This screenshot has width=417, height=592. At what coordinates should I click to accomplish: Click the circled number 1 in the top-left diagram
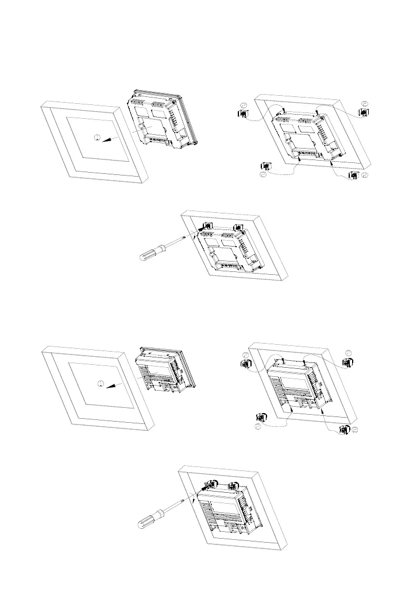[98, 137]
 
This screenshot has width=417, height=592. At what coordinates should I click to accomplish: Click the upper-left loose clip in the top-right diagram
[242, 115]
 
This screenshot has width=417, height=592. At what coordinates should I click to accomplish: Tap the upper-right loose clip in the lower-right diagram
[348, 362]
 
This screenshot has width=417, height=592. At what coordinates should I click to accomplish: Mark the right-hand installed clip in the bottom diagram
[235, 485]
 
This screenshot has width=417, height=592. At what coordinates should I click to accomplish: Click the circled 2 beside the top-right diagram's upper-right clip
[365, 104]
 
